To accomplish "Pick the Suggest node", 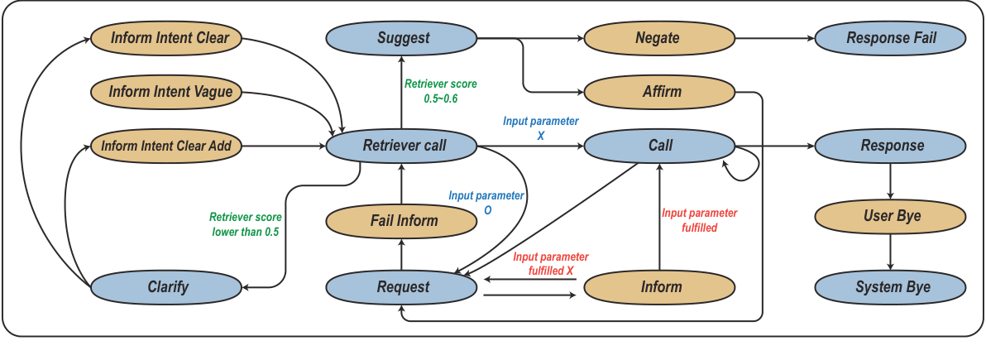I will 403,37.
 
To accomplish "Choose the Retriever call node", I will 403,146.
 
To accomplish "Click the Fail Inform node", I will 403,221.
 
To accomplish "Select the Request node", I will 403,287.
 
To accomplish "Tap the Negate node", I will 660,37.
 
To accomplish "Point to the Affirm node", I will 660,91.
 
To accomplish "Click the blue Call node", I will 660,146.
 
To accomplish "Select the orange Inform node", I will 660,287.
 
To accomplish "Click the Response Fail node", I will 892,37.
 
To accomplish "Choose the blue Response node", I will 892,146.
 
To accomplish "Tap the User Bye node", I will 892,217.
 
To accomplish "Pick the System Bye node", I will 892,287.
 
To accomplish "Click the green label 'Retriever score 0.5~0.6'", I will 441,91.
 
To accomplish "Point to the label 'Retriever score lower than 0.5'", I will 245,224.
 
